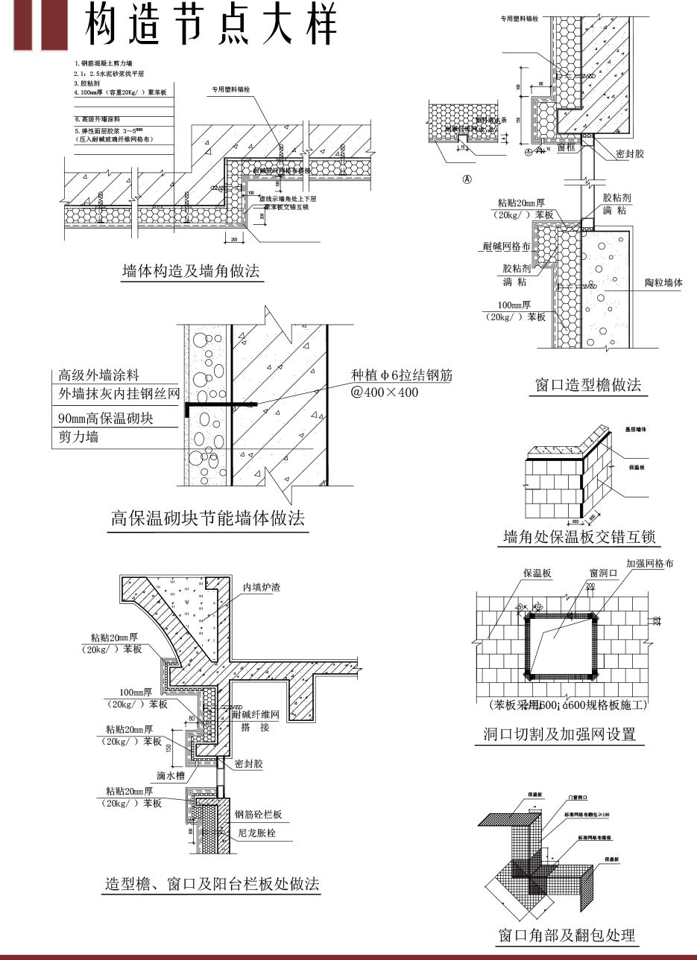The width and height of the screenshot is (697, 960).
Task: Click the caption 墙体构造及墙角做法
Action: [191, 271]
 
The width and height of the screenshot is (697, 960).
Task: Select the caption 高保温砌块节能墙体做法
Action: [208, 518]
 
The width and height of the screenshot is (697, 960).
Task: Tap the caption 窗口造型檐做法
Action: [588, 385]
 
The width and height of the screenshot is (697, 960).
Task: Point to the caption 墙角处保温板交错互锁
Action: [579, 537]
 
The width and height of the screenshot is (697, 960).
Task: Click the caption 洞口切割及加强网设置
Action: [559, 734]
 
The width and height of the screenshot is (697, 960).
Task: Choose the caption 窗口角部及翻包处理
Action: [567, 935]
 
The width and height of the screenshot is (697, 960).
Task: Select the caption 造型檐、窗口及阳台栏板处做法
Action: [212, 884]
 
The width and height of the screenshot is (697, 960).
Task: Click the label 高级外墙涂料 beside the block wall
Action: [98, 375]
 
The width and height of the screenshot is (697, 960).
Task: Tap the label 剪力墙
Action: [78, 437]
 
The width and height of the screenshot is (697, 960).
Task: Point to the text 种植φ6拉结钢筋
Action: [402, 375]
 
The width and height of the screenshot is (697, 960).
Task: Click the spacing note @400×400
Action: [385, 392]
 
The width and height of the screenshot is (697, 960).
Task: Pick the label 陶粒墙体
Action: [663, 283]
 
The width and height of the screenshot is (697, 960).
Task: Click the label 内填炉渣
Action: [262, 588]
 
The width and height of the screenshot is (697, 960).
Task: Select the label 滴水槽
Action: [170, 775]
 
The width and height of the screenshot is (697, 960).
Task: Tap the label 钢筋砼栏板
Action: [258, 815]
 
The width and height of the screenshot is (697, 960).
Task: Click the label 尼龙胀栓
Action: [256, 833]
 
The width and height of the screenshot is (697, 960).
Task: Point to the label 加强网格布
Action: [649, 564]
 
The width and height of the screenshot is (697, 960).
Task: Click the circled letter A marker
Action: [467, 179]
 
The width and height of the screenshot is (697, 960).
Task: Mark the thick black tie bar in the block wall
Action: [220, 404]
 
